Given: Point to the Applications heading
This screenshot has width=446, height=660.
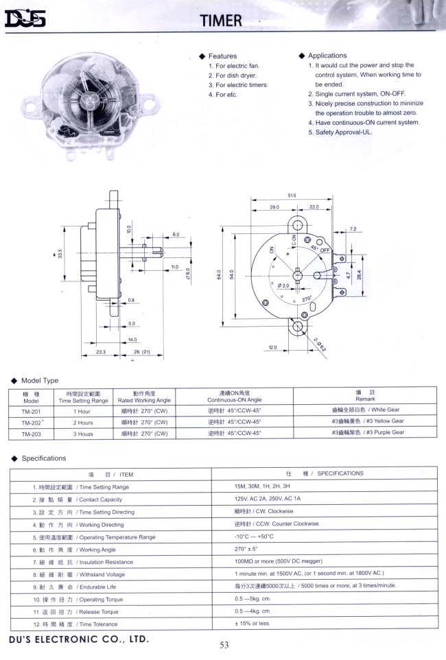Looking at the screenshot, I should pyautogui.click(x=327, y=56).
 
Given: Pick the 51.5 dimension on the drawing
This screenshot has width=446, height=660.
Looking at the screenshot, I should pyautogui.click(x=292, y=196).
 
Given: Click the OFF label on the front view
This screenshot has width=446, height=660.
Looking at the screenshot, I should pyautogui.click(x=325, y=252).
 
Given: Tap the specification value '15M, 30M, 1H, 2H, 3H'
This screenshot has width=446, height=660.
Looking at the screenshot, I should pyautogui.click(x=265, y=486).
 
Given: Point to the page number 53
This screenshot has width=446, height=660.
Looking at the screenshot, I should pyautogui.click(x=224, y=644).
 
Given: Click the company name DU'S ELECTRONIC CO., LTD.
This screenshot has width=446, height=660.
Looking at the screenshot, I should pyautogui.click(x=78, y=639).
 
